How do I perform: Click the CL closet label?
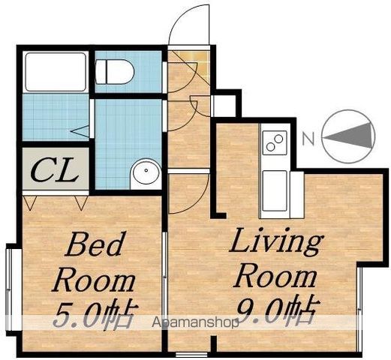point(54,169)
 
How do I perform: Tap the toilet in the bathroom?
point(115,72)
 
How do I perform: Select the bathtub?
point(56,72)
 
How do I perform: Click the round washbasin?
point(146,171)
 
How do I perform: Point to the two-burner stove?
point(274,142)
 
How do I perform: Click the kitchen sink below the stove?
point(275,190)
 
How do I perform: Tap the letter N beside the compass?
point(308,139)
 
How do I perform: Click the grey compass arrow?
point(347,136)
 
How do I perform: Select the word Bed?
point(95,244)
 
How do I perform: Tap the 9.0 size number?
point(260,310)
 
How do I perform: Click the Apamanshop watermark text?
point(195,322)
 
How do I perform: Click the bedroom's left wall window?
point(10,289)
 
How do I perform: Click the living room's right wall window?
point(359,309)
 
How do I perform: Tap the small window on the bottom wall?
point(191,355)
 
